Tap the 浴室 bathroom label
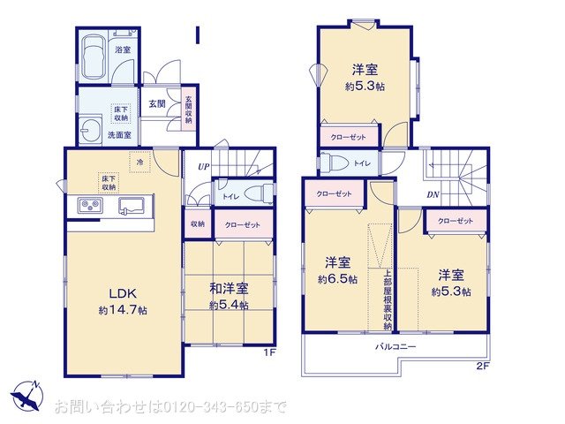click(x=124, y=50)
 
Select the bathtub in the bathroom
click(x=93, y=60)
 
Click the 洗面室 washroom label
click(x=119, y=135)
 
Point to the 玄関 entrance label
click(x=157, y=104)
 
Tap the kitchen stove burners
click(x=91, y=207)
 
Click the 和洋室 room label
click(x=229, y=289)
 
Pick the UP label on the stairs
click(x=203, y=166)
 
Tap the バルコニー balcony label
click(x=395, y=346)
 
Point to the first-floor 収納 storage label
click(x=196, y=224)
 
